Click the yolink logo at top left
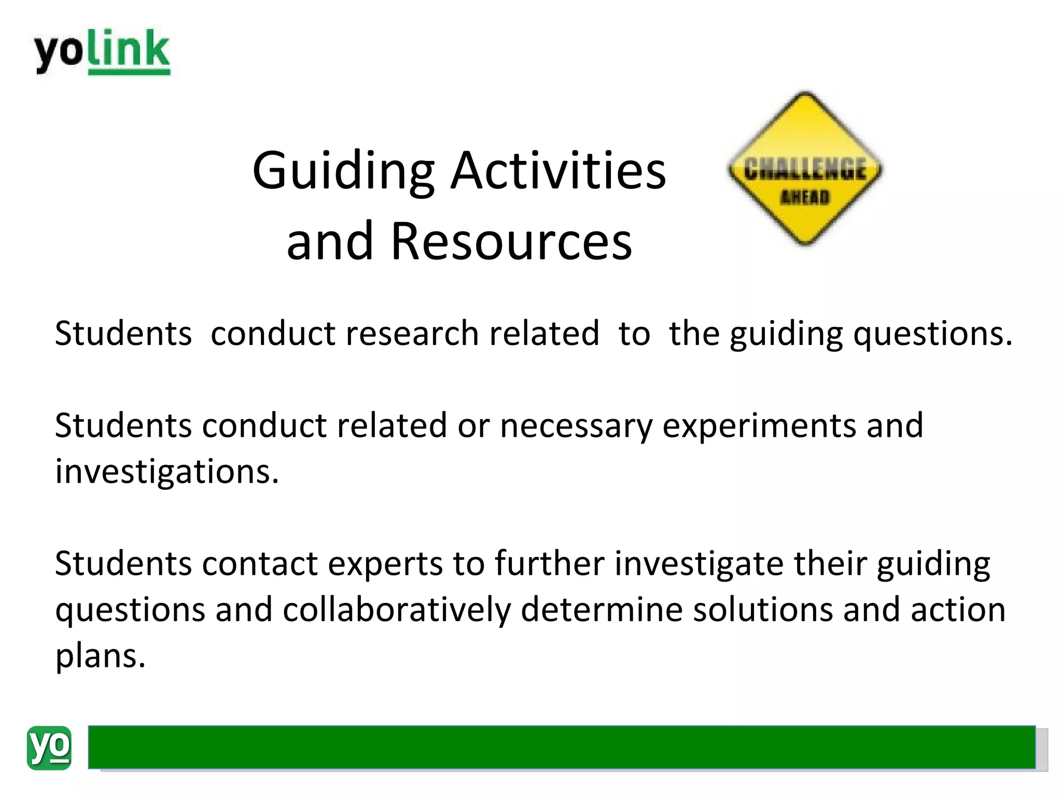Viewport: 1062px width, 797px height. [x=102, y=52]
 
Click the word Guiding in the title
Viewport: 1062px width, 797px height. [x=343, y=171]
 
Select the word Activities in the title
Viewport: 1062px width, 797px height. [x=558, y=171]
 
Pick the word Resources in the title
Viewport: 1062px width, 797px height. [x=511, y=241]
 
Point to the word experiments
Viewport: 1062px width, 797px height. [x=759, y=426]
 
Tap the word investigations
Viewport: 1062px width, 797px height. [x=167, y=472]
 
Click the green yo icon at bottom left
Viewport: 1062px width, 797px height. [x=49, y=748]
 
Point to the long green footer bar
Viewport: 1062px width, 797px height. [x=561, y=747]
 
